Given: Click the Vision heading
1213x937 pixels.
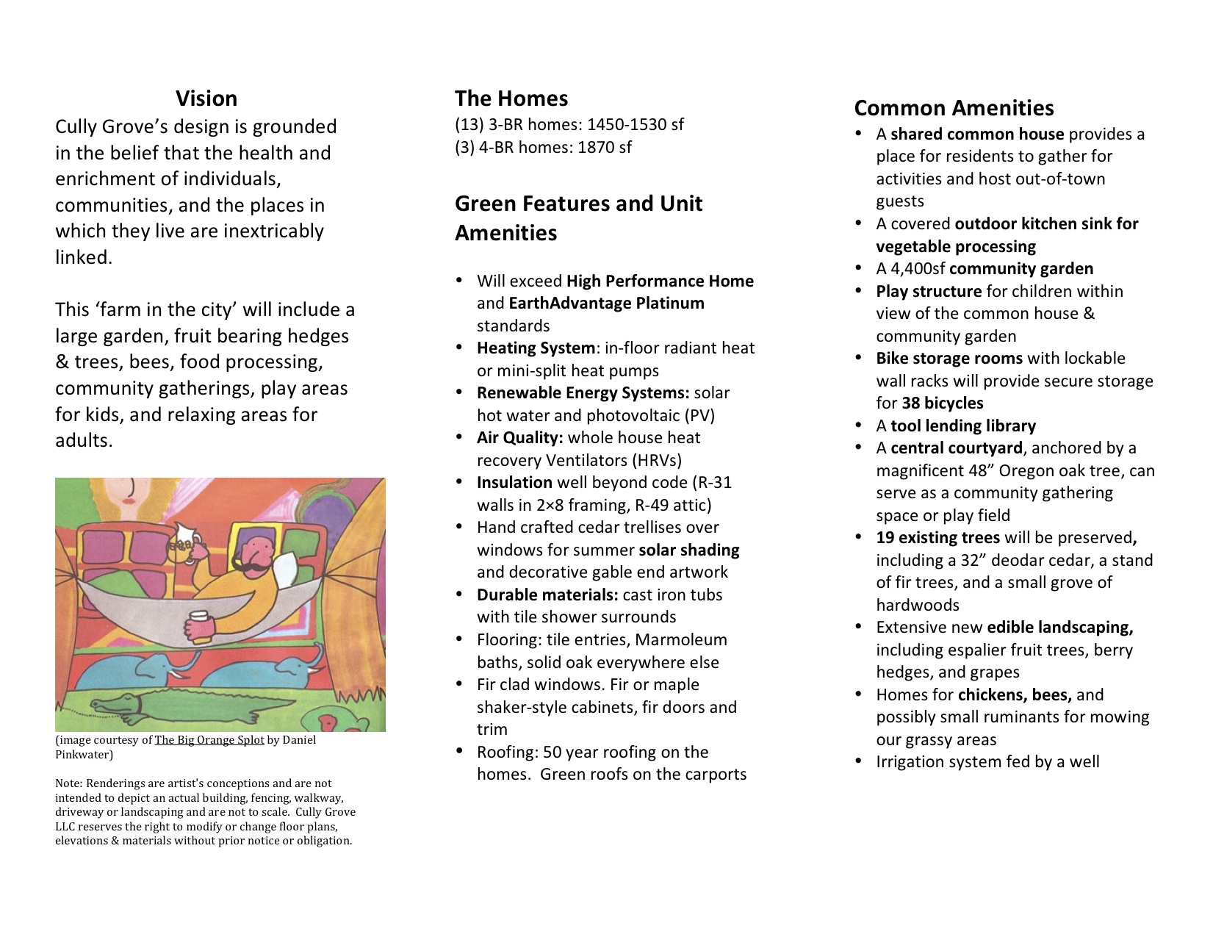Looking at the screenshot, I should click(x=206, y=98).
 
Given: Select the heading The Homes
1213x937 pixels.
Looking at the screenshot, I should click(x=511, y=98).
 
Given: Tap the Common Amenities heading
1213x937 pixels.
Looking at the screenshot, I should click(x=954, y=108).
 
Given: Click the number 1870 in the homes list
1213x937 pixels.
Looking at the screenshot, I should click(x=596, y=147).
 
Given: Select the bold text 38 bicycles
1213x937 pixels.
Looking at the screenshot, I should click(x=943, y=403).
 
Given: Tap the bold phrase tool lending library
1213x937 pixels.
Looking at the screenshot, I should click(x=963, y=426).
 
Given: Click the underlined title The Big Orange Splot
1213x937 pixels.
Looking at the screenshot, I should click(x=209, y=740).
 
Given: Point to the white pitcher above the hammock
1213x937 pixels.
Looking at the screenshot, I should click(x=181, y=541).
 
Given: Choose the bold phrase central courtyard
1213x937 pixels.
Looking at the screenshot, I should click(x=956, y=448).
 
